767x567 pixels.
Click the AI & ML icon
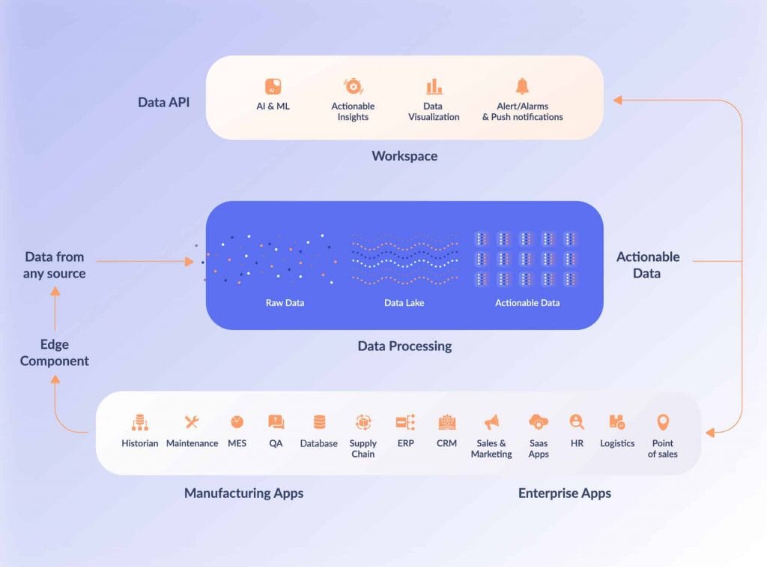tap(273, 86)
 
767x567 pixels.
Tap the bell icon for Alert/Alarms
tap(522, 86)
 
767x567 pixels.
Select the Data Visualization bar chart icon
tap(434, 86)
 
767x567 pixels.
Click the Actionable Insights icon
tap(353, 86)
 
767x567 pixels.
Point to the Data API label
tap(163, 102)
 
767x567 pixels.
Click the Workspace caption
tap(404, 156)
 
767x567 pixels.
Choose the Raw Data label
tap(285, 303)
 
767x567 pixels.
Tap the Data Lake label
tap(404, 303)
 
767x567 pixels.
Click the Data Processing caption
tap(404, 346)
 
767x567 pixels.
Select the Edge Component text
tap(55, 352)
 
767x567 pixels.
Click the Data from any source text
tap(54, 265)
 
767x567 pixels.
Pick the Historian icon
tap(140, 422)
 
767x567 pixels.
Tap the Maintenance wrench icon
tap(192, 422)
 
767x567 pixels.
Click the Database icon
tap(319, 422)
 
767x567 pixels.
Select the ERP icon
tap(406, 422)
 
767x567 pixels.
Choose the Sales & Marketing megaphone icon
tap(491, 422)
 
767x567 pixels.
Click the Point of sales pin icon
tap(663, 422)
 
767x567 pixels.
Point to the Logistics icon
tap(617, 422)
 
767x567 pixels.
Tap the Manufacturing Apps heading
tap(243, 493)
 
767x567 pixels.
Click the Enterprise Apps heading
tap(564, 493)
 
